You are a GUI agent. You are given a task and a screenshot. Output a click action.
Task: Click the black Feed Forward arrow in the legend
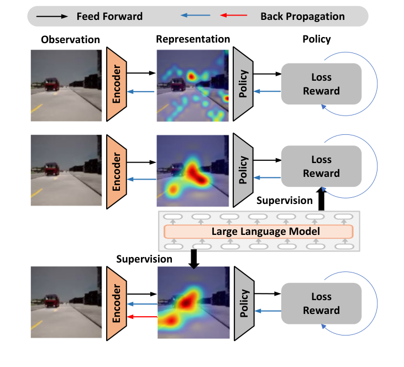point(53,16)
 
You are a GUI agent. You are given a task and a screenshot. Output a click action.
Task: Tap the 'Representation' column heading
point(193,39)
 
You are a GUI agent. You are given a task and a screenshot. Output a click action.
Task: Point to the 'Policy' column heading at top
point(316,39)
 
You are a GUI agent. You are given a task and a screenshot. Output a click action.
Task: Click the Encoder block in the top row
point(117,84)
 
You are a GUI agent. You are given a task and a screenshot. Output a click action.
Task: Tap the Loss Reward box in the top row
point(321,84)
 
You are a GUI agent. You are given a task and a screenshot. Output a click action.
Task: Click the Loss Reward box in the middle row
point(321,166)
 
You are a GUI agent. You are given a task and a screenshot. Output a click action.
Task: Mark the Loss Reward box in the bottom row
point(321,303)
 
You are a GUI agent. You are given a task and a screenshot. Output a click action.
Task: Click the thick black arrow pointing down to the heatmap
point(193,259)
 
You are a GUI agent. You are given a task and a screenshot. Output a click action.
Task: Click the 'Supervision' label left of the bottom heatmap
point(144,258)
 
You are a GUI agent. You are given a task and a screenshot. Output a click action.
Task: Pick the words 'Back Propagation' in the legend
point(302,16)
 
